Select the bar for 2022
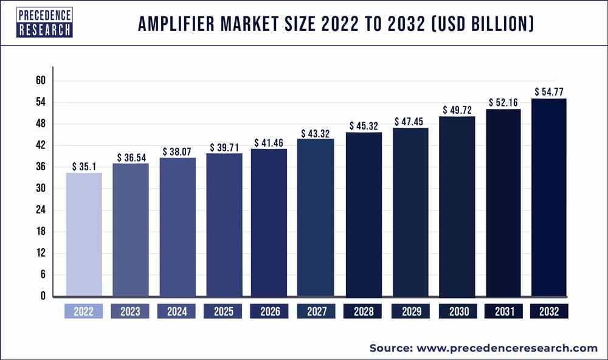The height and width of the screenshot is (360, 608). (x=84, y=235)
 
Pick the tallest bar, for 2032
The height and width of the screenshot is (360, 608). (x=549, y=197)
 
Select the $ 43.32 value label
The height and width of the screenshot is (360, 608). (x=316, y=133)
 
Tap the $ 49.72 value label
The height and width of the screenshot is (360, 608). (x=456, y=110)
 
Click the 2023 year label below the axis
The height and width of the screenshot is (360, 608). (x=130, y=311)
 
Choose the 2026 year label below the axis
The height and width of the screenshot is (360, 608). (x=269, y=311)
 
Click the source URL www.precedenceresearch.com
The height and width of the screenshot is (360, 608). (x=507, y=348)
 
